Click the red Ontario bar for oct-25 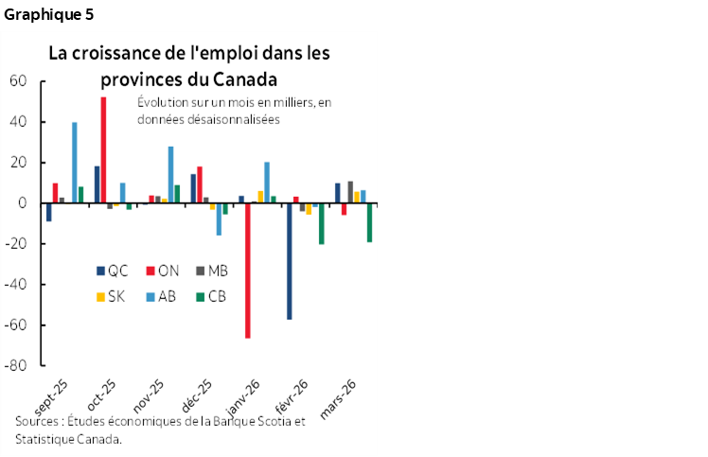[x=103, y=149]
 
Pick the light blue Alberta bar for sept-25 [x=75, y=162]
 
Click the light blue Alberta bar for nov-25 [x=170, y=174]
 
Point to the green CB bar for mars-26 [x=369, y=222]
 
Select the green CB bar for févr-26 [x=321, y=223]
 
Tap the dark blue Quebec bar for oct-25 [x=97, y=185]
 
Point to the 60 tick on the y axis [x=17, y=81]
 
